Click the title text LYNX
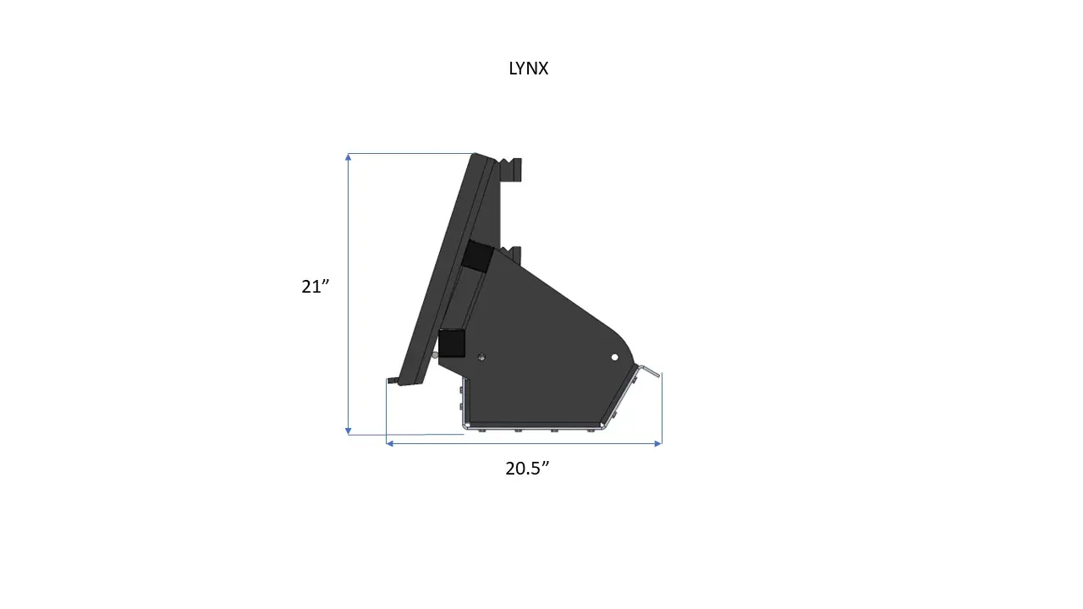528,69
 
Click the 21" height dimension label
315,287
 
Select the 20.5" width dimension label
528,469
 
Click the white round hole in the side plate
615,358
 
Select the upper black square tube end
476,255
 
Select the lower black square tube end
452,343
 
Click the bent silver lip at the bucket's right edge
650,371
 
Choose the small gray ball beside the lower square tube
435,354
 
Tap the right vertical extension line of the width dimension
662,406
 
